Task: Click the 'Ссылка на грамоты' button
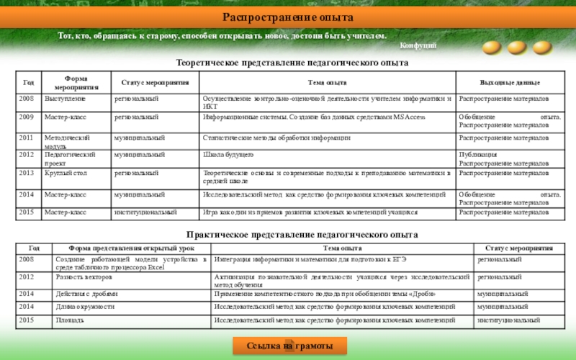click(x=287, y=346)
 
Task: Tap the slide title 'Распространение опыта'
click(x=287, y=17)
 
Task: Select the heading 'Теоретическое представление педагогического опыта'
click(x=292, y=63)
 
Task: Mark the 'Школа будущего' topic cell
click(x=228, y=155)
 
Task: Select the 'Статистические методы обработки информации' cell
click(x=277, y=137)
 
